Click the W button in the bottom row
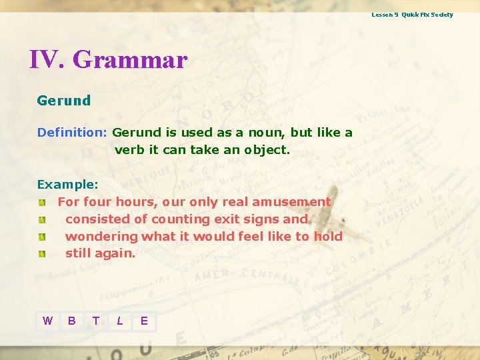47,321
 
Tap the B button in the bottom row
71,321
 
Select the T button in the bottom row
96,321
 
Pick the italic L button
120,321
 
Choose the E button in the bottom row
144,321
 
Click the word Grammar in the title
129,60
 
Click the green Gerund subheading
63,101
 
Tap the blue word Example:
67,184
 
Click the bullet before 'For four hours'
42,202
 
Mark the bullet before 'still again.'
42,254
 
